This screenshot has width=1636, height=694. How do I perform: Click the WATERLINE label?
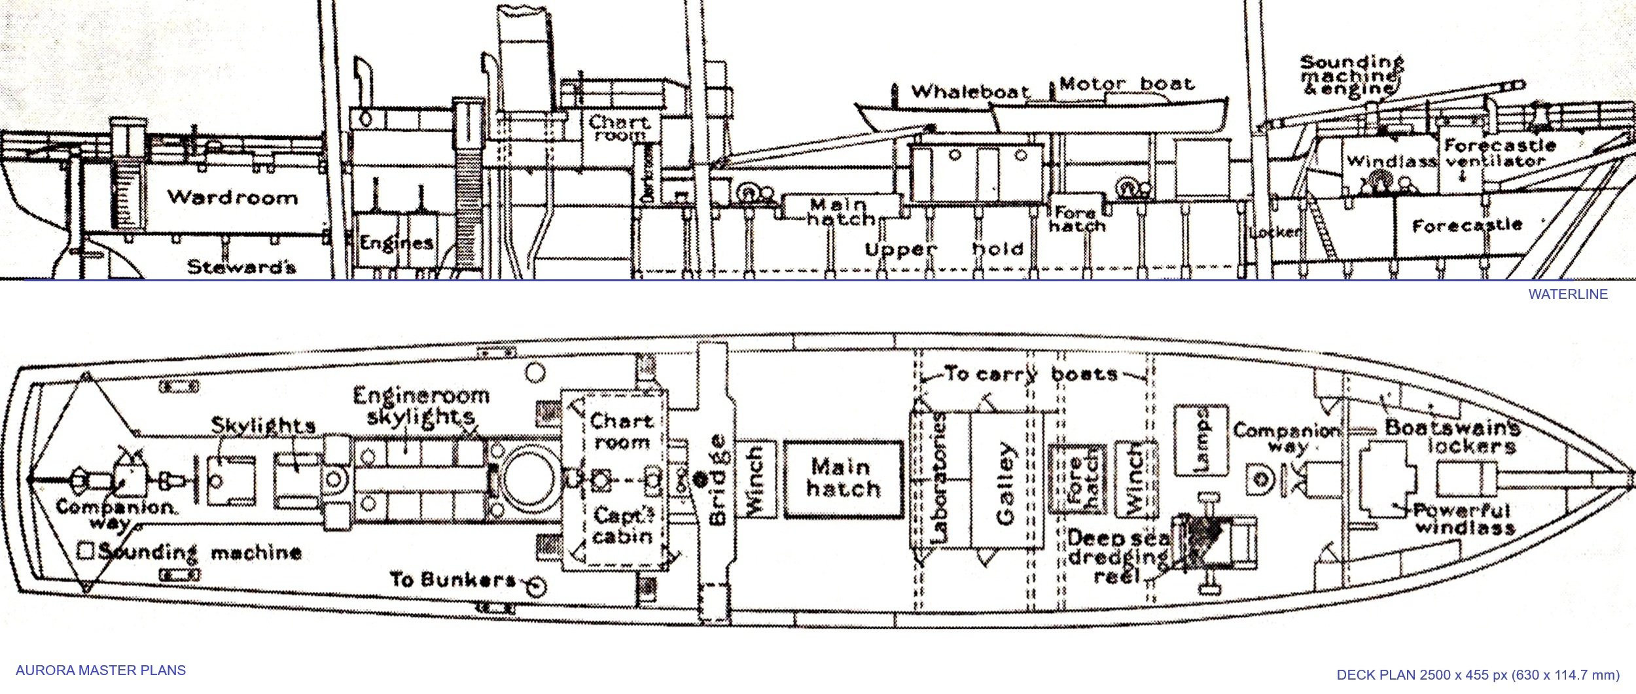coord(1567,294)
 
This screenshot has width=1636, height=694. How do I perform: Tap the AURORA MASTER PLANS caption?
coord(100,670)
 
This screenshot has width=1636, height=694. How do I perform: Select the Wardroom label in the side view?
coord(232,197)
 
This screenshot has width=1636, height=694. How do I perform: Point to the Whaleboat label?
coord(970,92)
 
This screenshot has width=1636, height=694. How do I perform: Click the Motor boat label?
coord(1126,84)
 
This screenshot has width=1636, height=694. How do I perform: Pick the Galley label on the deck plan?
coord(1005,483)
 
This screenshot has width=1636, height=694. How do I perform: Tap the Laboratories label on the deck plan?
coord(939,478)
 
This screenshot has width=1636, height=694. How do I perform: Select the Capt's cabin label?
coord(622,526)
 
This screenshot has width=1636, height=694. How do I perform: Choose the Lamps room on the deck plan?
coord(1201,440)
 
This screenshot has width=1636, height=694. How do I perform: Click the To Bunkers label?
coord(453,580)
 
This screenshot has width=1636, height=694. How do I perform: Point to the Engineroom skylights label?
coord(421,406)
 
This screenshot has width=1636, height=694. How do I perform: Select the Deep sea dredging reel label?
coord(1118,557)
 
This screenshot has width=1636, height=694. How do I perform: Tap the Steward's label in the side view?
coord(241,267)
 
